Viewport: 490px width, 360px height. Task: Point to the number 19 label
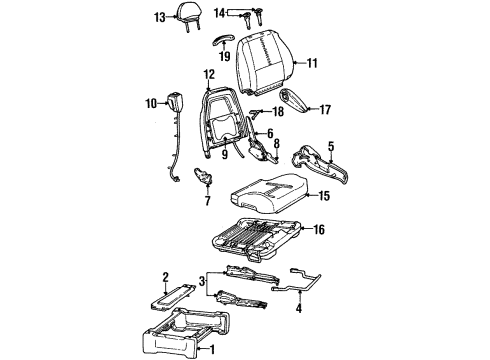(224, 57)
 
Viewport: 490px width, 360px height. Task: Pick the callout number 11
(311, 63)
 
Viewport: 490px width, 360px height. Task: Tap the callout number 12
(209, 74)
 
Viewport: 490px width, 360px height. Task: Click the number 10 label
(151, 103)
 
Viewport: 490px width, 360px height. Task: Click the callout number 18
(278, 113)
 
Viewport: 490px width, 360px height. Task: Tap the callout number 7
(207, 200)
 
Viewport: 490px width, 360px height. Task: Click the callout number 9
(225, 155)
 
